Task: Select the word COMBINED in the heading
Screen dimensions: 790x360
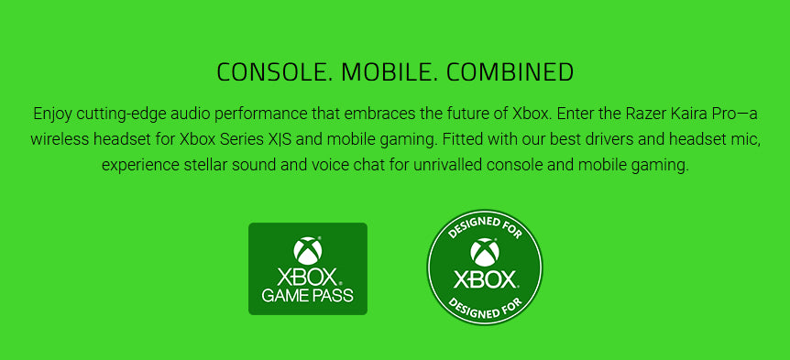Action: point(510,72)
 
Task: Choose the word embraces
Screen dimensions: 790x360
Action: point(380,114)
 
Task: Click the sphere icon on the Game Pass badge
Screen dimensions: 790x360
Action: point(308,251)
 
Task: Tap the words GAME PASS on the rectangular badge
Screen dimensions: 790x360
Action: point(307,295)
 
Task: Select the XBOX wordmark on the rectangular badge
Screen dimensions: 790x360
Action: point(307,277)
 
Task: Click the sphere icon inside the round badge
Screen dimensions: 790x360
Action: point(485,253)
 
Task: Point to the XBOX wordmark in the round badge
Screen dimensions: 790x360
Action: point(485,279)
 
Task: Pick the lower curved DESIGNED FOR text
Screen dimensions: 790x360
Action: point(485,308)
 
